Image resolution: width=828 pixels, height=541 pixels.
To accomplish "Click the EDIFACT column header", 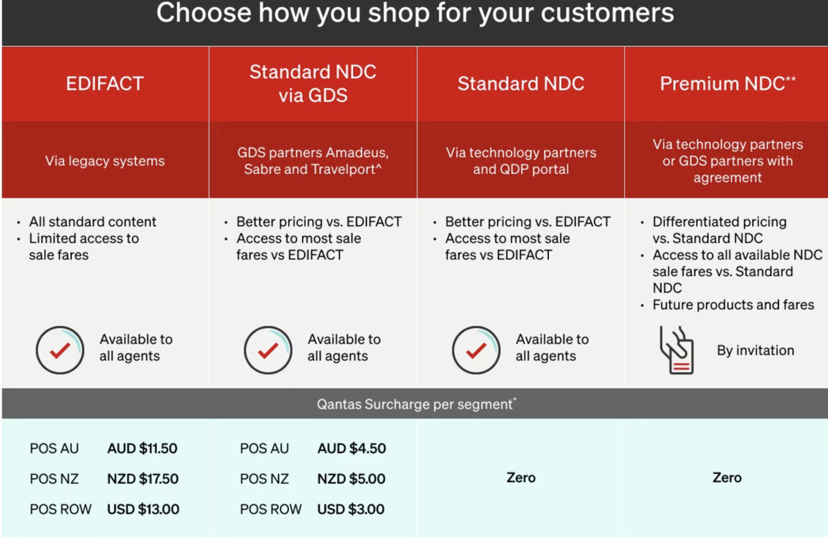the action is point(105,83).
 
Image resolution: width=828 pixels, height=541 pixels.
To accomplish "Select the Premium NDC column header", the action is point(727,83).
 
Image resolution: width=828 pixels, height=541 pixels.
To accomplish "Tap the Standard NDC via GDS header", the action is point(313,83).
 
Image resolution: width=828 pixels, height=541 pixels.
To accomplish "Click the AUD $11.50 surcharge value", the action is point(142,448).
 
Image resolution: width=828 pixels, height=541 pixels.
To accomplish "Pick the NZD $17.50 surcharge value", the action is point(142,479).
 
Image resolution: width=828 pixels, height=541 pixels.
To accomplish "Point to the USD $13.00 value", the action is point(143,509).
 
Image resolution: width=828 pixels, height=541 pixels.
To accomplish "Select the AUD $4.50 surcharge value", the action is point(352,448).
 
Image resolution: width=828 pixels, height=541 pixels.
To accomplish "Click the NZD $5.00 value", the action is point(351,479).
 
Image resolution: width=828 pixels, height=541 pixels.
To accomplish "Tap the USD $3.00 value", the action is point(351,509).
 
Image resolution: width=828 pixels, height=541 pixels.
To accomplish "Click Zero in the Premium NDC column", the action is point(727,477).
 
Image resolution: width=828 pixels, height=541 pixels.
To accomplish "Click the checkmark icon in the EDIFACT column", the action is point(60,350).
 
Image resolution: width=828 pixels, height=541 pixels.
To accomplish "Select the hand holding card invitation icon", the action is point(676,350).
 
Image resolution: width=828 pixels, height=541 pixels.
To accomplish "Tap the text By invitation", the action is point(755,350).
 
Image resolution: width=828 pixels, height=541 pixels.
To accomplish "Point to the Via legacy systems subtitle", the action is point(105,161).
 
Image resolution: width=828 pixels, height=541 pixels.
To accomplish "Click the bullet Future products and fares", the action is point(733,305).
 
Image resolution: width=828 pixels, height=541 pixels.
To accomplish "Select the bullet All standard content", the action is point(92,222).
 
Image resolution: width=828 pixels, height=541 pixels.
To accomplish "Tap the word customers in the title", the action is point(607,13).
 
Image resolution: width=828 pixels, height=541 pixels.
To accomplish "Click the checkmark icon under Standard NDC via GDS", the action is point(268,350).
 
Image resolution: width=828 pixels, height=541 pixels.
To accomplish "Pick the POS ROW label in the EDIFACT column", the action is point(60,509).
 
